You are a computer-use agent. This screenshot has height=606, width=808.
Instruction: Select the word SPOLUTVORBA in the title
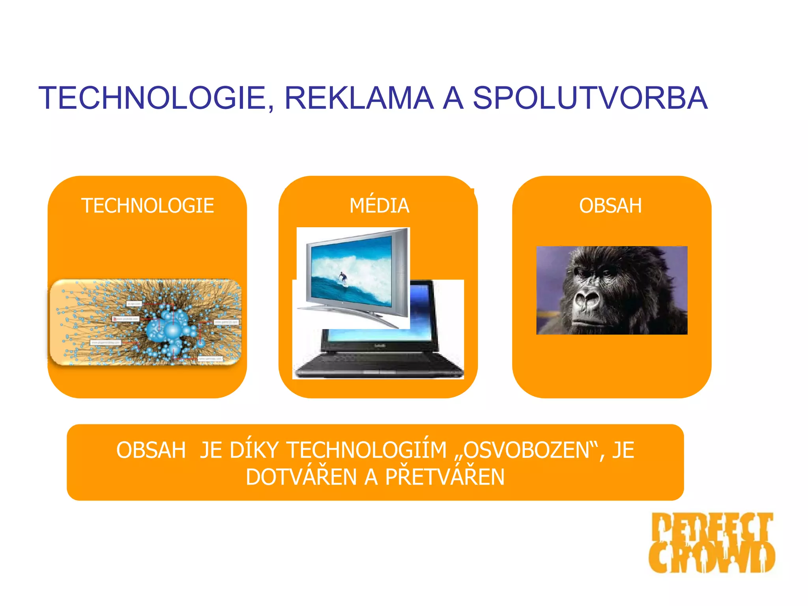[x=590, y=98]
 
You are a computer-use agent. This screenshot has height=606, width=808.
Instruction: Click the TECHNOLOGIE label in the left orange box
[x=148, y=206]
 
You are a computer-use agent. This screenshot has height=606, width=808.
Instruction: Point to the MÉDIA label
[x=379, y=206]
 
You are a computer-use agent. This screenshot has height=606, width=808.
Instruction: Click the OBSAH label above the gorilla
[x=610, y=206]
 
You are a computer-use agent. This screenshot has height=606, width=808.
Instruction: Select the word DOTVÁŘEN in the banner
[x=301, y=477]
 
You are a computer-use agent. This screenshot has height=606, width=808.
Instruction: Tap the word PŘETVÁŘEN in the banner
[x=445, y=477]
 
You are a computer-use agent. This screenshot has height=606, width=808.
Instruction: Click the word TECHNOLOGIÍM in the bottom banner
[x=367, y=450]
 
